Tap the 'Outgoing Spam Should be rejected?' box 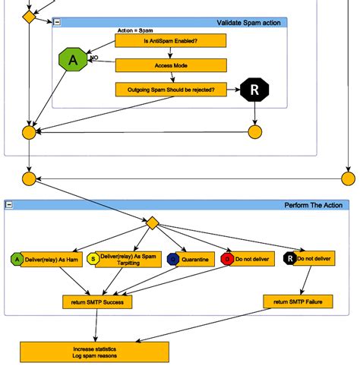click(x=171, y=90)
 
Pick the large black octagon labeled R click(x=254, y=92)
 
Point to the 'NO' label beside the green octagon click(x=95, y=58)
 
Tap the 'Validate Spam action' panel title click(x=248, y=23)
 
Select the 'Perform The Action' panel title click(x=313, y=205)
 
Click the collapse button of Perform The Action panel click(x=9, y=205)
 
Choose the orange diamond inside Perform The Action click(x=152, y=223)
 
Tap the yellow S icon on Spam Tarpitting click(x=93, y=260)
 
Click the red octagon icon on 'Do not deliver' click(x=226, y=259)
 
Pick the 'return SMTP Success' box click(x=97, y=301)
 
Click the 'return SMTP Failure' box click(x=298, y=301)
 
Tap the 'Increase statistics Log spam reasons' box click(x=94, y=352)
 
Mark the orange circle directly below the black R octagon click(x=254, y=132)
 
